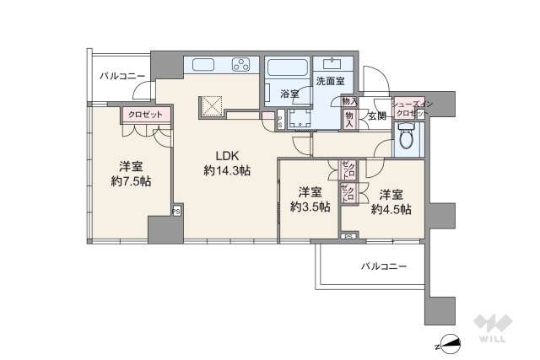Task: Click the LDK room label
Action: click(226, 155)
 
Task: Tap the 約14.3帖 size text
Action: click(226, 170)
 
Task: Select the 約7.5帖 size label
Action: click(130, 180)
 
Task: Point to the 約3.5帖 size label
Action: click(310, 206)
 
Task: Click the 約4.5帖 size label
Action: click(394, 208)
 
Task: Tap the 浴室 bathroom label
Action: click(289, 94)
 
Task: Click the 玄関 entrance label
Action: click(376, 116)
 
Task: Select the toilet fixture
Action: click(407, 137)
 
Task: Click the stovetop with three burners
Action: click(240, 65)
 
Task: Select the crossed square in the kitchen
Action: click(211, 107)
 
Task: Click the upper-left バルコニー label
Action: click(121, 76)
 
